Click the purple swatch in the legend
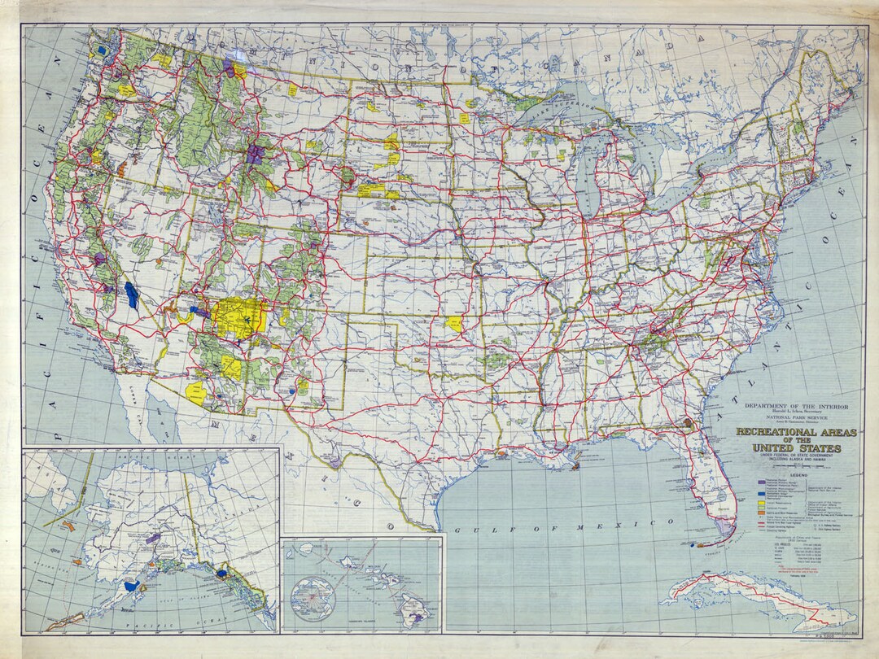(x=762, y=482)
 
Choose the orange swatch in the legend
(x=762, y=513)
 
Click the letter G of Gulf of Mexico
(x=457, y=530)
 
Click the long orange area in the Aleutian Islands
(x=66, y=622)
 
